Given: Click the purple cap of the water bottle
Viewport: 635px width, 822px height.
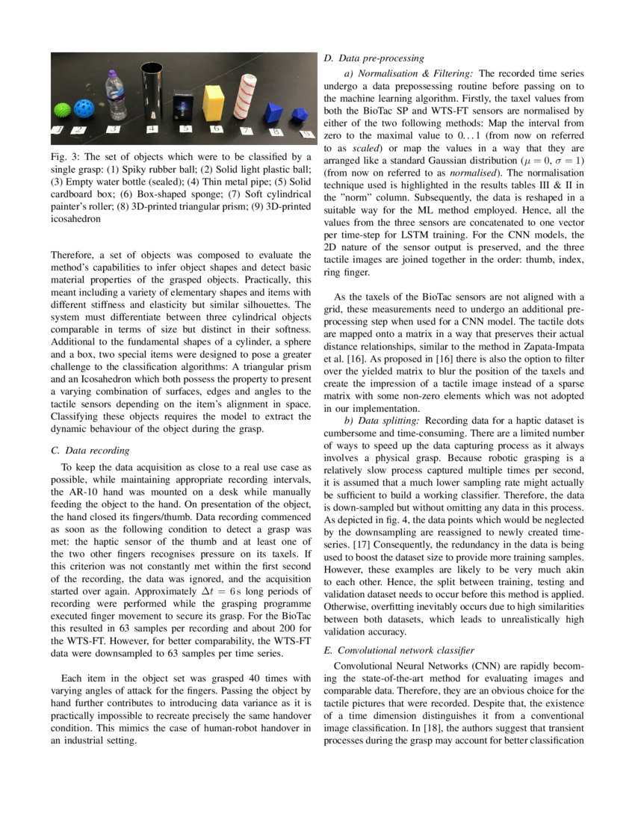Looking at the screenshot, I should point(113,75).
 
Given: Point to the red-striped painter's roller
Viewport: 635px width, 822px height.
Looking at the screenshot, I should point(244,99).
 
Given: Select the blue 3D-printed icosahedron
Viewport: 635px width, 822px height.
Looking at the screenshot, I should point(300,115).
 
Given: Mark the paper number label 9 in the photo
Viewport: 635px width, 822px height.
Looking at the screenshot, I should point(305,135).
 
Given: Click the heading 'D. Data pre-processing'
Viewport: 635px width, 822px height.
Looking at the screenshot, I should point(374,58).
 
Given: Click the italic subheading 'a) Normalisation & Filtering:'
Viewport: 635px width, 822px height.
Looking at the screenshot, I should point(408,73).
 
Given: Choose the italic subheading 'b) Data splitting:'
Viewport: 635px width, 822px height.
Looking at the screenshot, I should point(382,421).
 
